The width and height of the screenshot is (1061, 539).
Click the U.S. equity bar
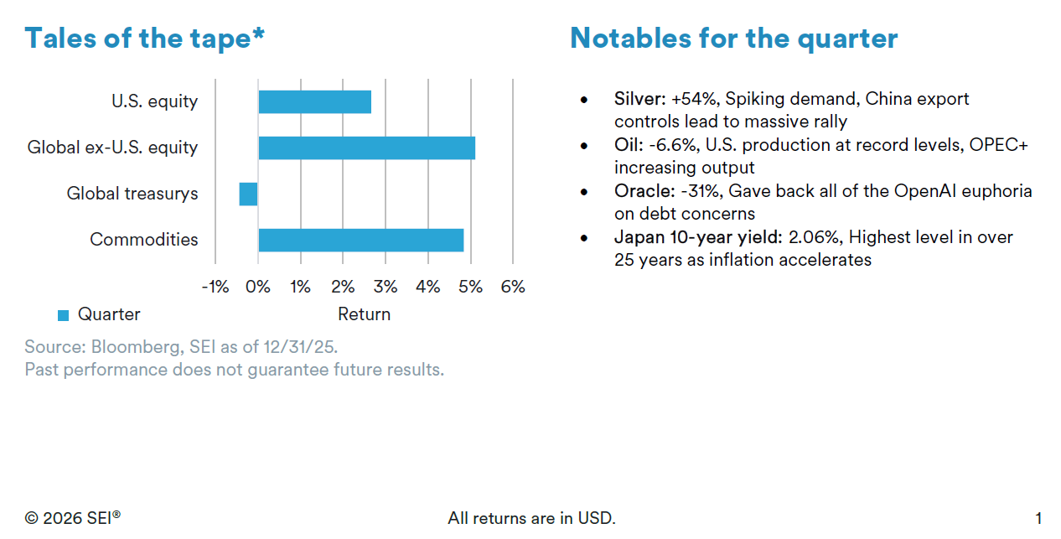(x=314, y=101)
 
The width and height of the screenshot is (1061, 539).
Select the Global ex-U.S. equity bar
(x=366, y=148)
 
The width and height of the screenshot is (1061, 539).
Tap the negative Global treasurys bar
(x=248, y=194)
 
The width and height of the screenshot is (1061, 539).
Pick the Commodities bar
(x=360, y=240)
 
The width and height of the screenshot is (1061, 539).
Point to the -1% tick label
(x=215, y=287)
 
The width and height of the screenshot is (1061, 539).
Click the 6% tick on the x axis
(x=512, y=287)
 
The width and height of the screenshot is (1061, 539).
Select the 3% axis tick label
(x=385, y=287)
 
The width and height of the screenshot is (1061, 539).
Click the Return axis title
(x=364, y=314)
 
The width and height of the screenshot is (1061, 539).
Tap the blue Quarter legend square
(x=63, y=315)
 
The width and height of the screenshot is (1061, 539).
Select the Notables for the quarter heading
(x=733, y=38)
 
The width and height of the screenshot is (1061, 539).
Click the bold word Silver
(x=639, y=99)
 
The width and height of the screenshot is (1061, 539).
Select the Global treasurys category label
(x=132, y=194)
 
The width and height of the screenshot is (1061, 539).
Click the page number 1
(x=1038, y=518)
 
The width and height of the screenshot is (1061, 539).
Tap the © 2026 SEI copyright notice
(x=73, y=518)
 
